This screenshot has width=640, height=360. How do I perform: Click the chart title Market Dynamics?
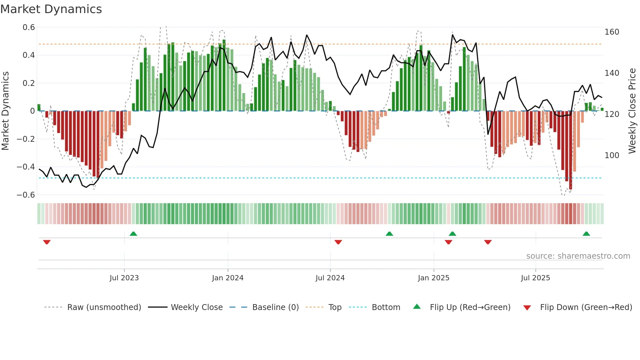51,9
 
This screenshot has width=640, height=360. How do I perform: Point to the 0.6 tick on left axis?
29,27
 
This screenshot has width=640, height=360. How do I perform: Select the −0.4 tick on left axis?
26,167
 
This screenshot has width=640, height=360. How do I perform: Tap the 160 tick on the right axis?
612,32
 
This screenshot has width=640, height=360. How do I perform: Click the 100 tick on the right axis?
612,155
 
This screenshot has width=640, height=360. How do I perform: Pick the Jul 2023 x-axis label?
124,278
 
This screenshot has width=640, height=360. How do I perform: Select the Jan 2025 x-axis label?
433,278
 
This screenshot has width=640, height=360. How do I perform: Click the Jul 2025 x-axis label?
535,278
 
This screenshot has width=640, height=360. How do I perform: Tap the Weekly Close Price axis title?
632,111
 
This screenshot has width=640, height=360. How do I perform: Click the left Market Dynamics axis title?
5,111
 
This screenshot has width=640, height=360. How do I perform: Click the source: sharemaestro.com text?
578,256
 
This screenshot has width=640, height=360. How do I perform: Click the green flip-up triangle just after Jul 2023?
133,234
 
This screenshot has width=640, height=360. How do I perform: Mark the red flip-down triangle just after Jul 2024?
338,242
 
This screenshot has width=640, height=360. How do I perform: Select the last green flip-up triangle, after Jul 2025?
586,234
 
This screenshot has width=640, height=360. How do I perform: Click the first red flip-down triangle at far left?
47,242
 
